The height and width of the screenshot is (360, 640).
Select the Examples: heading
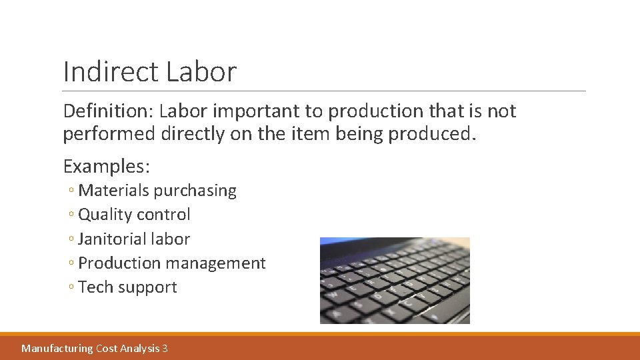tap(106, 165)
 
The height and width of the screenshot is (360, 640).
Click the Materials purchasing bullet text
tap(157, 191)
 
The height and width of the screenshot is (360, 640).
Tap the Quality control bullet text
tap(134, 215)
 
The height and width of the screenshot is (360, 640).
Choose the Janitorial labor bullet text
tap(134, 239)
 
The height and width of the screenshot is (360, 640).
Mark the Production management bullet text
tap(172, 263)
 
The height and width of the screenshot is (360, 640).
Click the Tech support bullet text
tap(127, 287)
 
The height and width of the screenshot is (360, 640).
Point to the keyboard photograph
tap(395, 281)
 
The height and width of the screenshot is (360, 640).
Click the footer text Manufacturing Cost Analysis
tap(91, 348)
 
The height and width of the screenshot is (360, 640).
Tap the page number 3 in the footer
tap(165, 348)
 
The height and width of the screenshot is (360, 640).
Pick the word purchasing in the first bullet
tap(195, 191)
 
